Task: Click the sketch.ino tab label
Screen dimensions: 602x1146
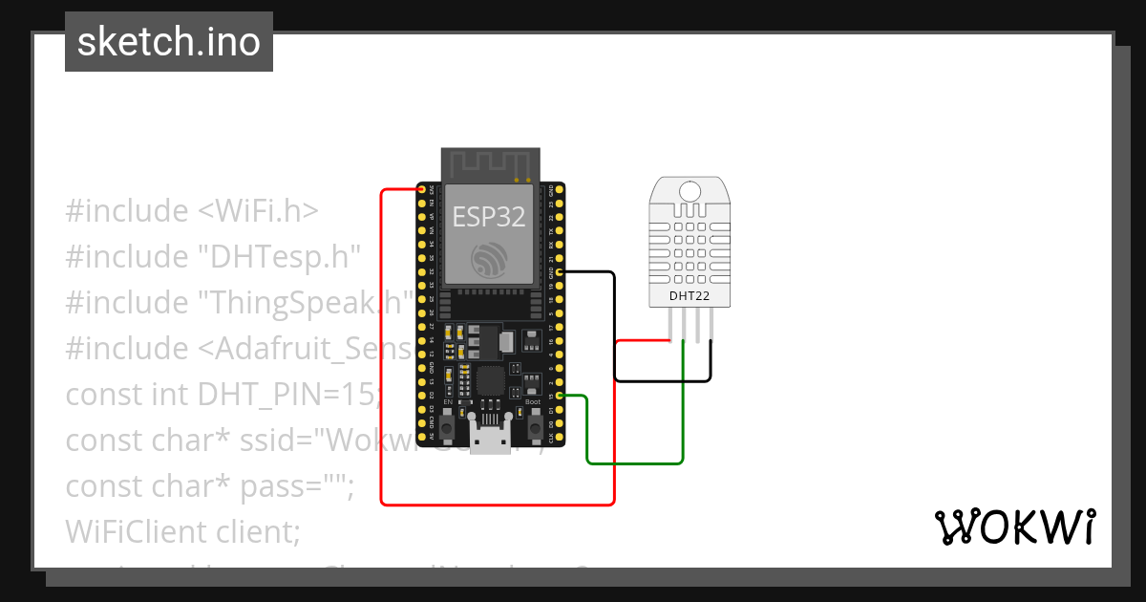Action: pyautogui.click(x=169, y=42)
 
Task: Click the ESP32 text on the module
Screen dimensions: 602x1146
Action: pyautogui.click(x=489, y=216)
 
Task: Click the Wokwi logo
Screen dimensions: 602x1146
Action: pyautogui.click(x=1014, y=527)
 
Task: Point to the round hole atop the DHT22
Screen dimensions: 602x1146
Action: pyautogui.click(x=690, y=190)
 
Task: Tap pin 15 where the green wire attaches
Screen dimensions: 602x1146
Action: pyautogui.click(x=560, y=396)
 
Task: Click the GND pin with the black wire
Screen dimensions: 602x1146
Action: pyautogui.click(x=560, y=272)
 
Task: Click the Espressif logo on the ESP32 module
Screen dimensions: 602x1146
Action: pyautogui.click(x=490, y=259)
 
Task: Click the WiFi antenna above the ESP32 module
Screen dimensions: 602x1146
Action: pyautogui.click(x=490, y=164)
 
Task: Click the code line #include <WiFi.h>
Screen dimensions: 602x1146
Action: pyautogui.click(x=192, y=210)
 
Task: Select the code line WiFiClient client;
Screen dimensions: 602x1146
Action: pyautogui.click(x=182, y=531)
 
